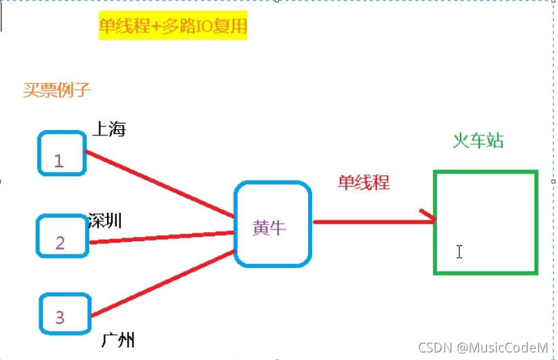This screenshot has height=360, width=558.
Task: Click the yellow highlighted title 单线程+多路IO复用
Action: point(173,27)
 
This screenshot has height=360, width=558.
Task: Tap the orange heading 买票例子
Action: point(57,90)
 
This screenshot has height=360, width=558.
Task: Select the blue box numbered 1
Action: point(61,153)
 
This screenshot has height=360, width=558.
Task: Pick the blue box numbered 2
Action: point(62,236)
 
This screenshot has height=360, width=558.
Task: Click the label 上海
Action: point(109,129)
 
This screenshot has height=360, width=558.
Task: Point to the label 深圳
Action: point(106,221)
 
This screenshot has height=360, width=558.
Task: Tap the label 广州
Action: point(117,340)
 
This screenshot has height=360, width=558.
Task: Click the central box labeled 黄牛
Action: point(273,225)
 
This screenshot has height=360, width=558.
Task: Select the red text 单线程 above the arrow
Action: point(364,182)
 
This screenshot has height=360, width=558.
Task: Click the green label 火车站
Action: point(478,141)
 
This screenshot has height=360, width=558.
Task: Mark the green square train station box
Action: point(485,222)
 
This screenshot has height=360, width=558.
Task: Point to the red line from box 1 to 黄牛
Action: point(159,183)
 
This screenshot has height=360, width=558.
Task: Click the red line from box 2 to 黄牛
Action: point(162,237)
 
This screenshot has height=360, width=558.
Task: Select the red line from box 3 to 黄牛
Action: point(162,285)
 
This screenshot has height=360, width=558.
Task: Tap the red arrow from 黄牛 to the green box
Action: point(373,222)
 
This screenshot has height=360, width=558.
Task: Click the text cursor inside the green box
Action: point(459,252)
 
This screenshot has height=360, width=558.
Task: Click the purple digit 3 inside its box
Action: point(59,317)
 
